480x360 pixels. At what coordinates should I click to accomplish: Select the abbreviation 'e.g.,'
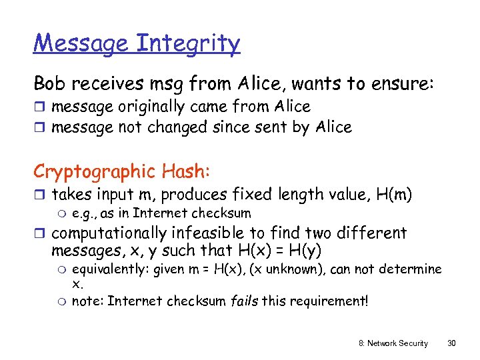pos(85,214)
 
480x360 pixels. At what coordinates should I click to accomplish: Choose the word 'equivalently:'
pos(111,269)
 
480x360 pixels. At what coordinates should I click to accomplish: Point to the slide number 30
pos(451,343)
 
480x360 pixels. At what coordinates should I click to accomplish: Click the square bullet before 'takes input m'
pos(39,195)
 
